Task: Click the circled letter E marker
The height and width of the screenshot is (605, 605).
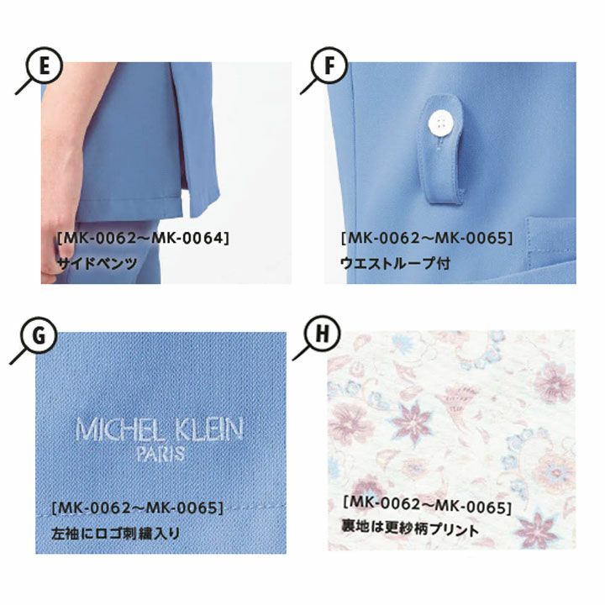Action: [44, 66]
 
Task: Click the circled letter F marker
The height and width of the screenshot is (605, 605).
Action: [329, 66]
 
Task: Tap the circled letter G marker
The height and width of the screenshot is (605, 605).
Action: [39, 335]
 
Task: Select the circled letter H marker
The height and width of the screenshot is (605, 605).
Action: [322, 333]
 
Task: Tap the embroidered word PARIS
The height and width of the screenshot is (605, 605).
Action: [160, 454]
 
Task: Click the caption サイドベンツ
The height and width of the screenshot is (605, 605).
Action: [97, 264]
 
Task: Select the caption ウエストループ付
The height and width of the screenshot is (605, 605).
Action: [395, 264]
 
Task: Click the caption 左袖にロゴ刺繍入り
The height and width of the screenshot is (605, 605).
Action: [116, 534]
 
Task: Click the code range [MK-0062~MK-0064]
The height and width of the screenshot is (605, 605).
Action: [143, 238]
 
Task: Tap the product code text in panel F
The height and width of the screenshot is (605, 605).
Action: [427, 238]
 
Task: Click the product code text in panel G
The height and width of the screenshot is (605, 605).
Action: [138, 508]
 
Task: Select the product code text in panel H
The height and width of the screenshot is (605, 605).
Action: [428, 506]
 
